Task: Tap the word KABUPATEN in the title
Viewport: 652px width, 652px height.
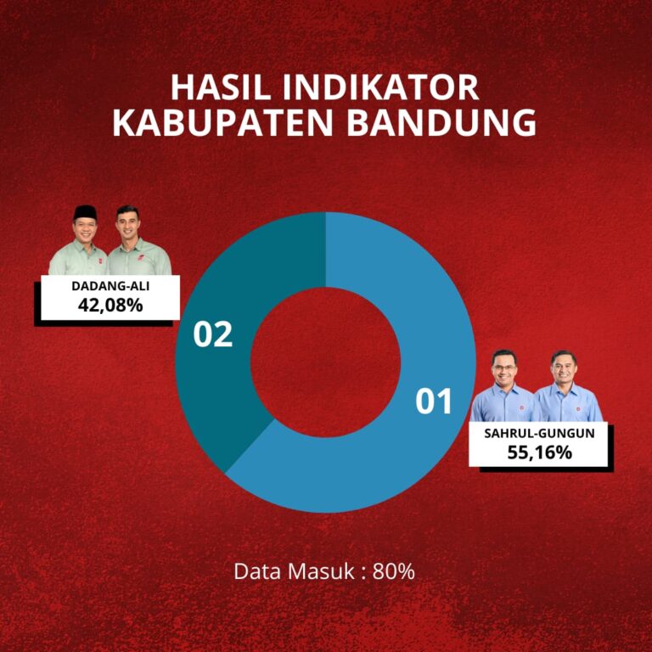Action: [x=223, y=122]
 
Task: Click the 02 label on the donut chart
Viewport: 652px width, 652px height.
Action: [x=213, y=334]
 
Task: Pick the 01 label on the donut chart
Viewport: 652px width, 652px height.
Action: [x=433, y=401]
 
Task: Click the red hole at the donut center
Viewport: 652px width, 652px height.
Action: [x=326, y=363]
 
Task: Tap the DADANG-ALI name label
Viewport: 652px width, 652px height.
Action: [x=110, y=286]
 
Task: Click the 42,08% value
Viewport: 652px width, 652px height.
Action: [x=110, y=306]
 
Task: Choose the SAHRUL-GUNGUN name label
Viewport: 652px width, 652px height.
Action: [x=539, y=433]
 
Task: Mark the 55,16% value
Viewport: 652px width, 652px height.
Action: [x=540, y=452]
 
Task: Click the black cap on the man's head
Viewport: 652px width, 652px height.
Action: [x=85, y=212]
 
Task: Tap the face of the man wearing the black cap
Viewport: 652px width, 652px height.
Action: [x=85, y=228]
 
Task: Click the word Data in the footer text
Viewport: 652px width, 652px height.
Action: [x=258, y=571]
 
